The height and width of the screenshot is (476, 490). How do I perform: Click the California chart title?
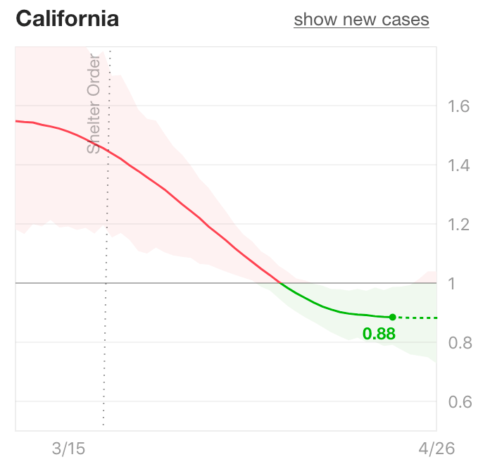coord(67,19)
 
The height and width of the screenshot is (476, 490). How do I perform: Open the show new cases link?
coord(361,20)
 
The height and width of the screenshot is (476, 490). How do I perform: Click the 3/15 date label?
coord(68,449)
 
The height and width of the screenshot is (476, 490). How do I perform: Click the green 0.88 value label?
coord(379,334)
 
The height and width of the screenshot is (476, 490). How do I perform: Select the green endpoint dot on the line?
coord(392,317)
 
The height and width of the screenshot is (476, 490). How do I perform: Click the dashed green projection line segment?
coord(415,318)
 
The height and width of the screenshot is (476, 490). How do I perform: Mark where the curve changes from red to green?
coord(280,283)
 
